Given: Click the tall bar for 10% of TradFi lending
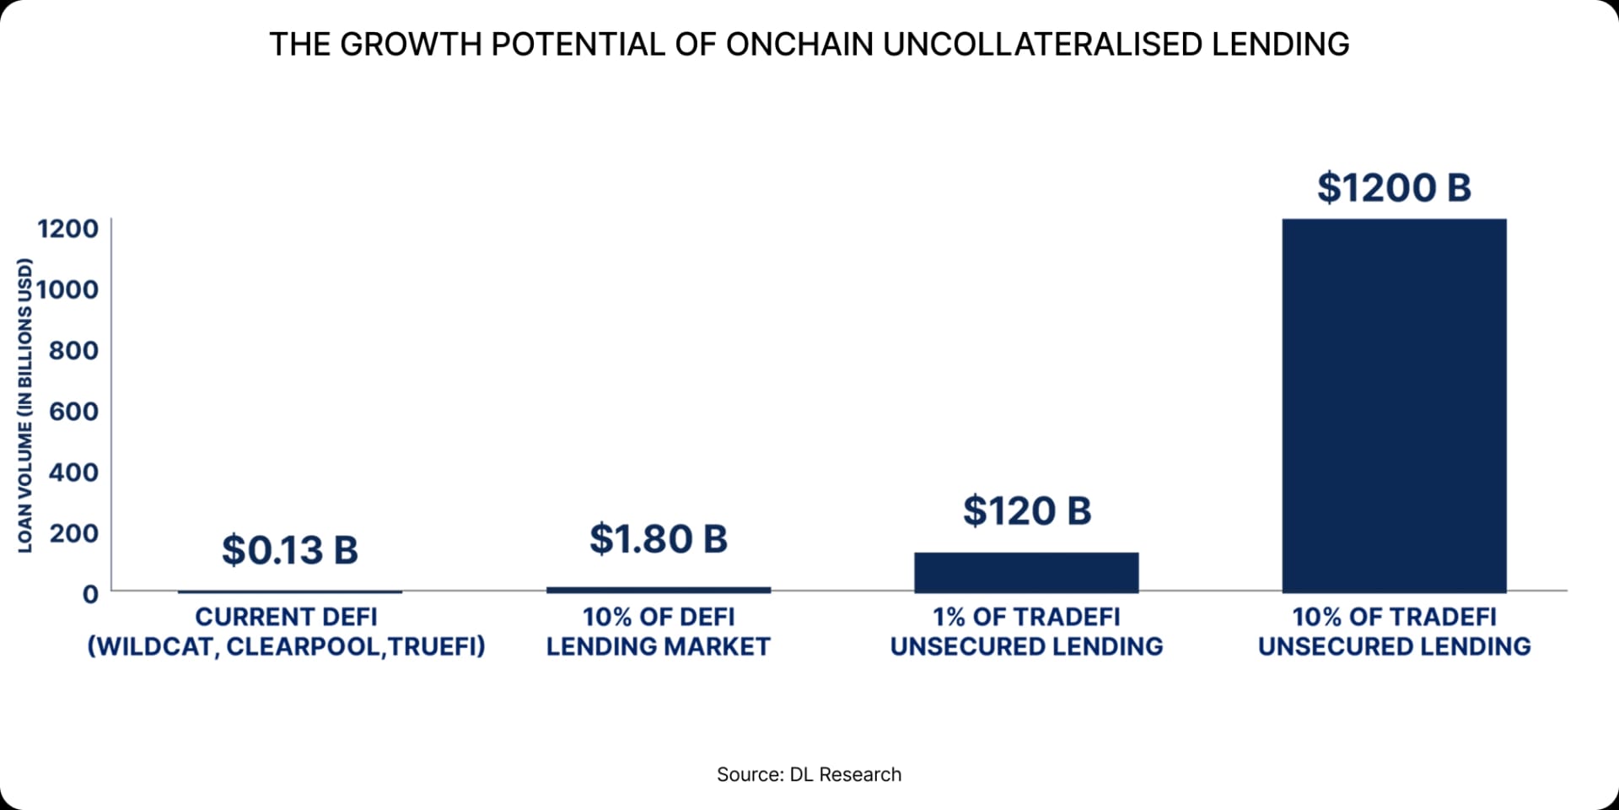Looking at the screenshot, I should pos(1394,405).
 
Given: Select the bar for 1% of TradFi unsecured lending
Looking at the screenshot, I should pos(1026,572).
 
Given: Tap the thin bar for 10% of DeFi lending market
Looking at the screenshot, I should pos(658,590).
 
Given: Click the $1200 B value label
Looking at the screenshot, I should pos(1394,187).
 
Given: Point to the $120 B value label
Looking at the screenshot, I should pos(1026,511).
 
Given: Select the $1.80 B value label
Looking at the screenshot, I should pos(658,539).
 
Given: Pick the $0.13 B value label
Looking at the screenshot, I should pos(289,550).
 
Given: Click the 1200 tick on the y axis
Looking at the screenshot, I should pos(67,229).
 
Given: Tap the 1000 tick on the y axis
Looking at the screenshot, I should pos(67,289).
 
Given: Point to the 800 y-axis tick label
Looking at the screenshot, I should pos(73,350).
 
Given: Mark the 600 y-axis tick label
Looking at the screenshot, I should pos(73,411).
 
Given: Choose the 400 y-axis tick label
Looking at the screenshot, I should pos(73,472).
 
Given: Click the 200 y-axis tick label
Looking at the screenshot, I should pos(73,532).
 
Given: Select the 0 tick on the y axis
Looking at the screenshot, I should pos(90,594).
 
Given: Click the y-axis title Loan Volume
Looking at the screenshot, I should pos(25,405).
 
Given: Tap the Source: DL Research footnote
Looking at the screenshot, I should pos(809,775).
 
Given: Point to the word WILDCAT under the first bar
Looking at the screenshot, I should pos(152,646).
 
